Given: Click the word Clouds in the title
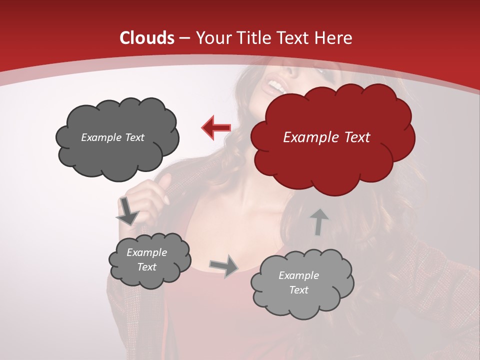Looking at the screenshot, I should coord(147,38).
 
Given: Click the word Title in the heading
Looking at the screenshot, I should coord(252,38).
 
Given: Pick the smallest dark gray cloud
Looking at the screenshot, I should coord(149,260).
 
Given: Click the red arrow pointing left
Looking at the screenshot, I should coord(216,127).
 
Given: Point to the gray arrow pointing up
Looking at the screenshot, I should coord(318,221).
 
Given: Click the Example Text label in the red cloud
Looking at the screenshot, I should coord(326,137).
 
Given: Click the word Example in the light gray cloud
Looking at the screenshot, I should coord(298,275).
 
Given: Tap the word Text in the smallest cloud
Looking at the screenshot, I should coord(146,267).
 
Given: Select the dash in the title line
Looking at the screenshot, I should coord(183,38).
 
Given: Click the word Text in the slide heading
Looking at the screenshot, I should coord(295,38).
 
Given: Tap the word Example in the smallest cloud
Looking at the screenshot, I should coord(146,252).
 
